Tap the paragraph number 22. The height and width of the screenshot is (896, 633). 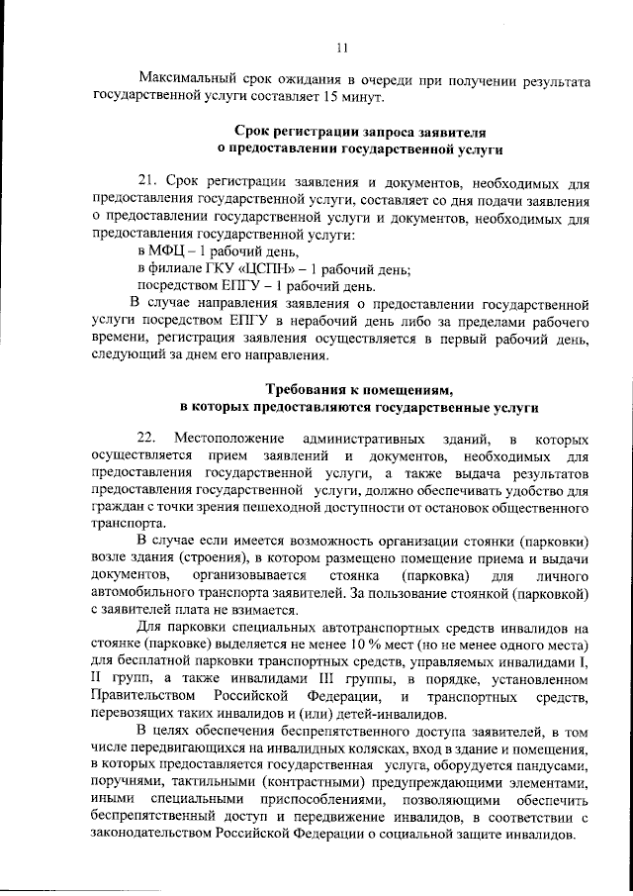(x=147, y=439)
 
